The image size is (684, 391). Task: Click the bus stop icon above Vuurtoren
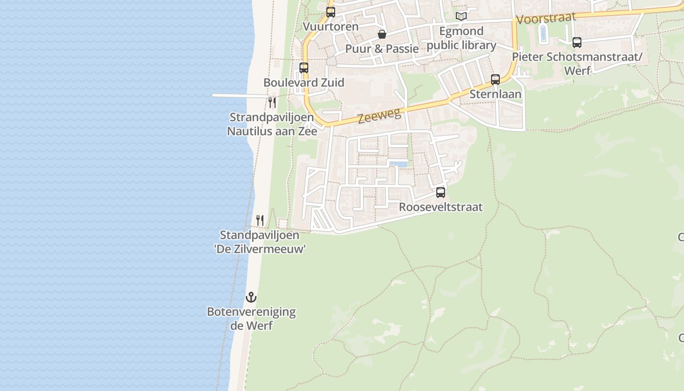331,12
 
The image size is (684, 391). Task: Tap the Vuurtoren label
331,26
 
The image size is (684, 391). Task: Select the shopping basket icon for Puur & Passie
382,34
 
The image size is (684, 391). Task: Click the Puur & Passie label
382,49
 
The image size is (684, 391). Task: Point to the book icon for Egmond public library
461,16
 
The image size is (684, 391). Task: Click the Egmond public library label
461,38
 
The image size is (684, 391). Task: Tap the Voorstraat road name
546,19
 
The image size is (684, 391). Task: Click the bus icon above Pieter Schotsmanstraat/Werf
577,43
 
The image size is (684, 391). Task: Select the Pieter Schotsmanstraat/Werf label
577,64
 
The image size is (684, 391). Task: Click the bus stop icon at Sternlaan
495,79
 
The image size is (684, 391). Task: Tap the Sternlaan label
495,94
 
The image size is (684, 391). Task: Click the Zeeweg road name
379,116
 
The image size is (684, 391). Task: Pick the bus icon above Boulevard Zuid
304,68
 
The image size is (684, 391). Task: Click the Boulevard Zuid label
304,82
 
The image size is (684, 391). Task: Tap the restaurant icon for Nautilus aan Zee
272,103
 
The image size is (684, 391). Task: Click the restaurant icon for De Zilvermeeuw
260,220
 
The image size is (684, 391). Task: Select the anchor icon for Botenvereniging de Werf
251,297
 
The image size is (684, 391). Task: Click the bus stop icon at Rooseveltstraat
441,193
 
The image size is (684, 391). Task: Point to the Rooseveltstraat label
441,207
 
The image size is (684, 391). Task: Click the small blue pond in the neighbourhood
398,164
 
